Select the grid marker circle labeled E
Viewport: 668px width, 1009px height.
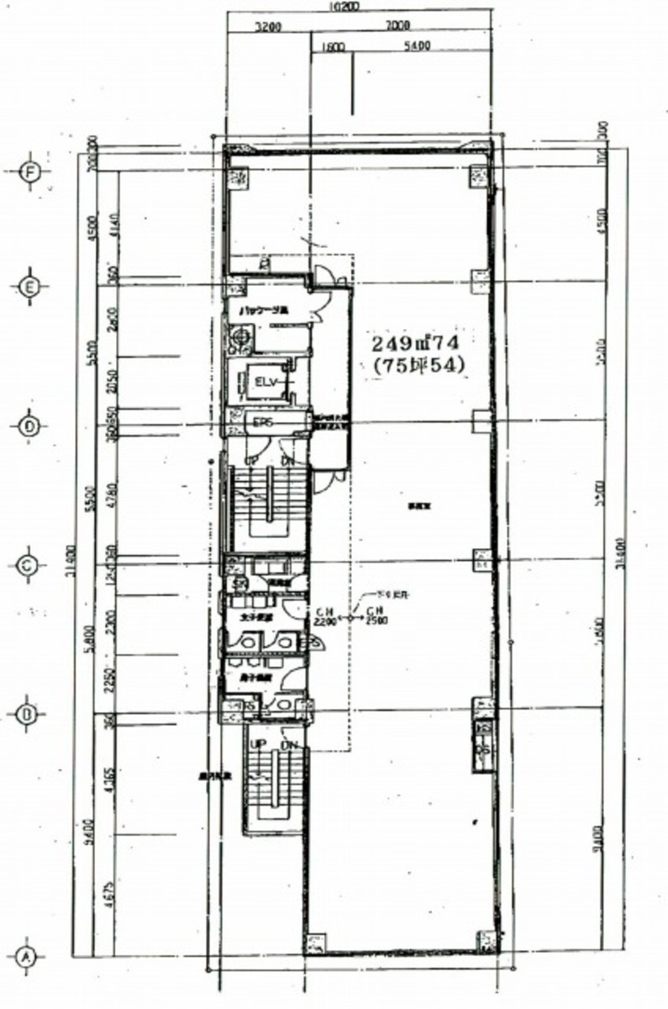[29, 287]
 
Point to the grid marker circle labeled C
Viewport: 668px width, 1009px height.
[28, 567]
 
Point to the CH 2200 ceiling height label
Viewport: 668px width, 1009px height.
[325, 617]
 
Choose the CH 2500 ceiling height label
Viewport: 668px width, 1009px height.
[375, 617]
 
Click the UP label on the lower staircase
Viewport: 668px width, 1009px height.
[260, 745]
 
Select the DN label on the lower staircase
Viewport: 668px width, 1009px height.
[287, 745]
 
